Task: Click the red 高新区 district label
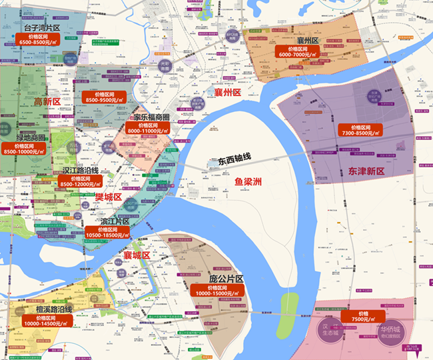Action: [47, 101]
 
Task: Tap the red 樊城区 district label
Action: [108, 197]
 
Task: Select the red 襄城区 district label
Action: [137, 255]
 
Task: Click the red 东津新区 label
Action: [366, 171]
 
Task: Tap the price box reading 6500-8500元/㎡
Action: [42, 38]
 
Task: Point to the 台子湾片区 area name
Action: [42, 28]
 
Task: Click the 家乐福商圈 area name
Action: [151, 117]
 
